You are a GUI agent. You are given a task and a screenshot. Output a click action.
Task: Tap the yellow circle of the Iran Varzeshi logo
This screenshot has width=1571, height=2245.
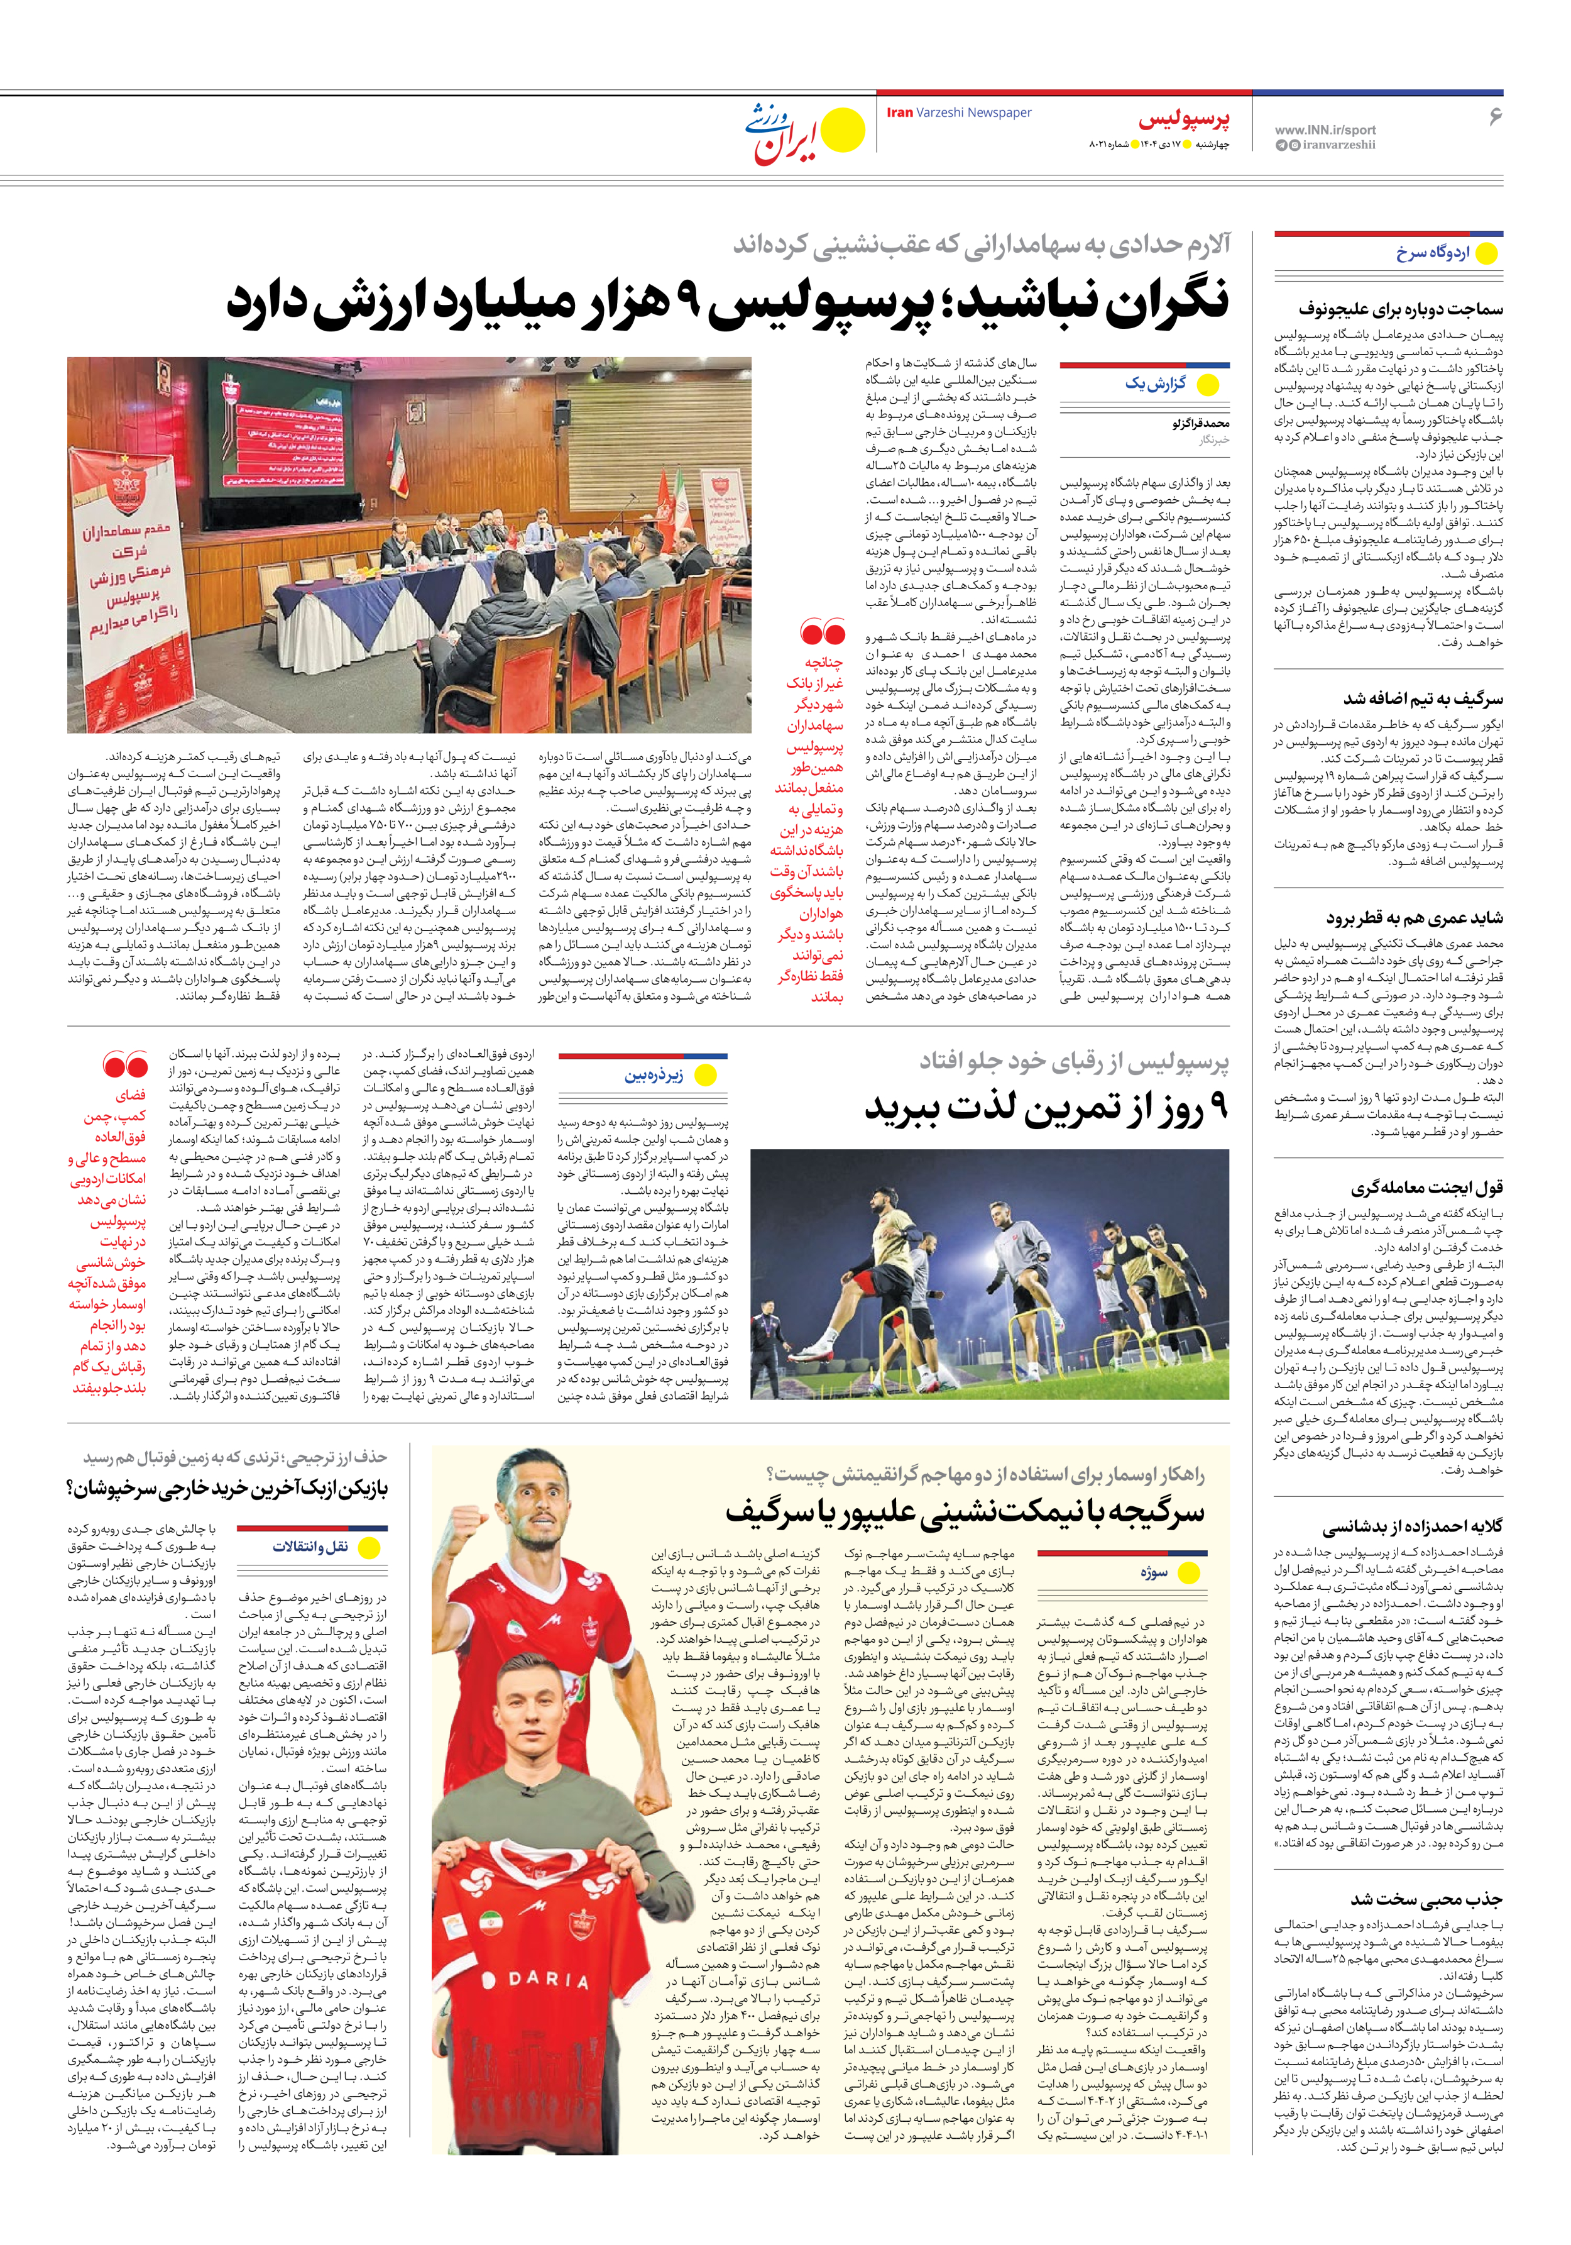[x=843, y=131]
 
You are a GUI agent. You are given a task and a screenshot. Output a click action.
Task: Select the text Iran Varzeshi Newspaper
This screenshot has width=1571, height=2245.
[x=958, y=113]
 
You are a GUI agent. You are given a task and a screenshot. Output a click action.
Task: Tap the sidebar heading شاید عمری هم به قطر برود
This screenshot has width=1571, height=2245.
[x=1414, y=918]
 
